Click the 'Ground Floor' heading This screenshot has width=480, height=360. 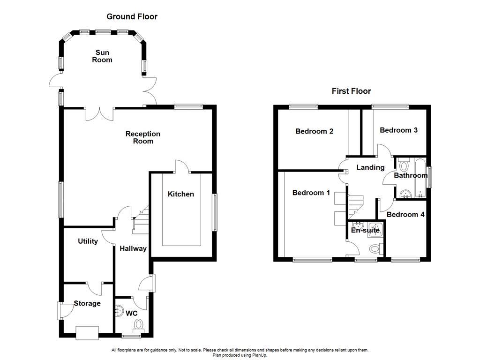(132, 17)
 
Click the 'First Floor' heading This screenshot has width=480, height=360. (351, 91)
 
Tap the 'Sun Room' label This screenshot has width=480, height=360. (104, 56)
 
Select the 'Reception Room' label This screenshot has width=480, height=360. (142, 137)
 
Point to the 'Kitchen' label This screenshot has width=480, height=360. (181, 194)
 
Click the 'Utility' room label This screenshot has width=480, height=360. (88, 241)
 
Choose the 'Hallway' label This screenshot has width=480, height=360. (133, 249)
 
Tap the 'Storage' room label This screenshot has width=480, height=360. (87, 303)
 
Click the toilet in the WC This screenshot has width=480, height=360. (139, 324)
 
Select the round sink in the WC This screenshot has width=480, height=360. (120, 311)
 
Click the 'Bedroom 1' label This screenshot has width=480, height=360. (311, 193)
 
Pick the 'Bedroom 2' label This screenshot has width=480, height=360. (314, 131)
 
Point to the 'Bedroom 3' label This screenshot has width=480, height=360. (398, 130)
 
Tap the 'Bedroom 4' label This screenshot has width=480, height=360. (405, 215)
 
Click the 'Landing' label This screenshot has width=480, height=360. (370, 167)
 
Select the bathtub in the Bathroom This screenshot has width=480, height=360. (420, 178)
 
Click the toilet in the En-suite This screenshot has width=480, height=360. (375, 248)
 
